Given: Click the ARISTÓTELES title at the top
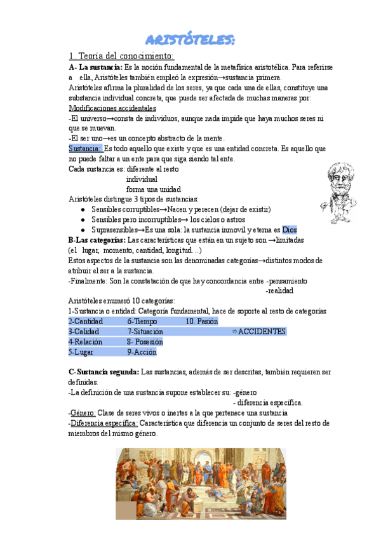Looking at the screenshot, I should (190, 40).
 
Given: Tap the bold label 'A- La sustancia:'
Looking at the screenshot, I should (96, 67).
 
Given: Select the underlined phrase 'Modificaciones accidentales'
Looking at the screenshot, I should (112, 108).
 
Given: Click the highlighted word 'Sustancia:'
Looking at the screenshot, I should (85, 149).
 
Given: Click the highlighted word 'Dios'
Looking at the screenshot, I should (289, 230).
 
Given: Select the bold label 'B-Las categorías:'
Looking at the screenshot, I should (97, 240).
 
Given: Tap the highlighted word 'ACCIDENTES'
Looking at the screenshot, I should (262, 332).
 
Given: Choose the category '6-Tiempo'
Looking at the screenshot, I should (143, 322).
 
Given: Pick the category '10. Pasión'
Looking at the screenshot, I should (202, 322).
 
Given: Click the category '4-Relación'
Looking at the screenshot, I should (86, 342).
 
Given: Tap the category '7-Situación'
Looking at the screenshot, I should (145, 332).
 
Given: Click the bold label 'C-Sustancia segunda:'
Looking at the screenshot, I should (104, 371).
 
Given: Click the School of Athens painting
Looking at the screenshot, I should (201, 484).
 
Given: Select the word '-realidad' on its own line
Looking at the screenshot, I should (279, 291).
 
